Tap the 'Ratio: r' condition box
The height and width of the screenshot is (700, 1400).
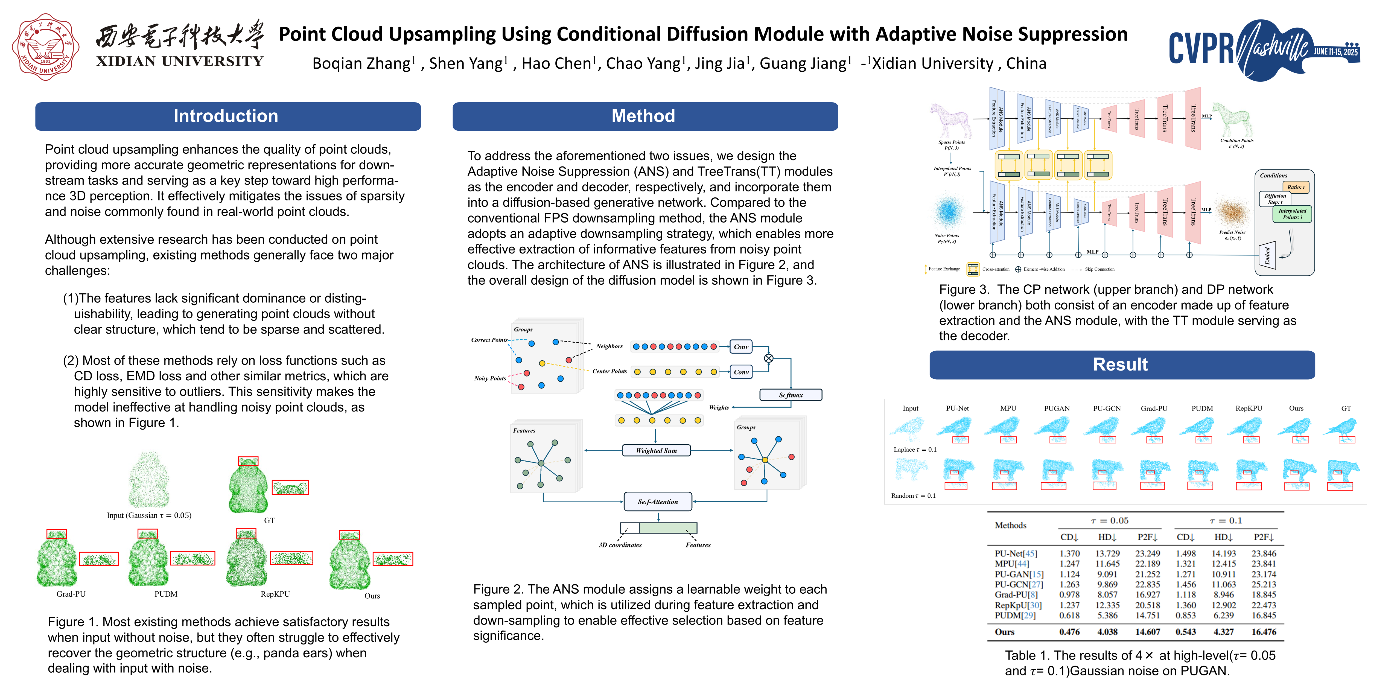point(1296,187)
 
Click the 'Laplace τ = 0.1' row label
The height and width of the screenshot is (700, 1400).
point(915,450)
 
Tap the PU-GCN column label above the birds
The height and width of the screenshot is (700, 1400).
point(1107,408)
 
